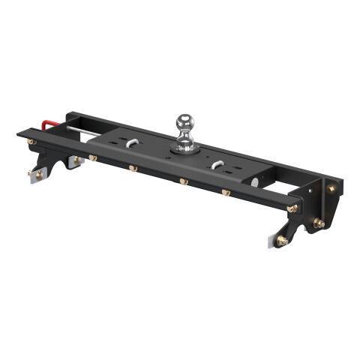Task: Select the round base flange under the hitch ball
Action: [x=184, y=147]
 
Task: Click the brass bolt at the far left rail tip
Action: [x=31, y=141]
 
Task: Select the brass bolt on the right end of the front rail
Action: [x=292, y=208]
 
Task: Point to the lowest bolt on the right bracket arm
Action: [x=282, y=240]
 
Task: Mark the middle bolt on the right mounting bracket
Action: [x=319, y=223]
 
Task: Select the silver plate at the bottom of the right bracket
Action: [x=271, y=238]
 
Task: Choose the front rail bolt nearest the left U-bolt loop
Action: [x=130, y=168]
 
